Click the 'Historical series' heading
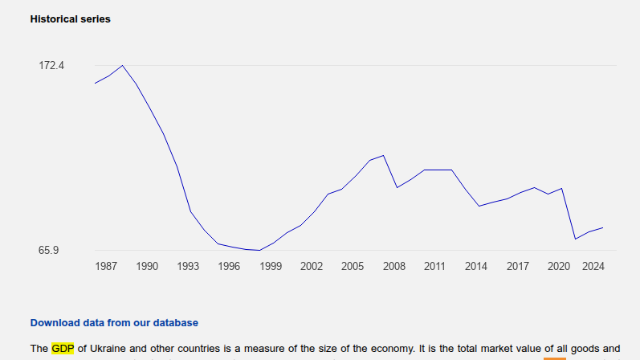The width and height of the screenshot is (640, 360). click(x=70, y=18)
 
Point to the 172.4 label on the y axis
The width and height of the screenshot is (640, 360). click(x=51, y=65)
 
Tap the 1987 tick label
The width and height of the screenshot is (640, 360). click(x=106, y=266)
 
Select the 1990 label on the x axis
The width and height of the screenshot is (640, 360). click(x=147, y=266)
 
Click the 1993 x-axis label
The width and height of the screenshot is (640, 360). click(x=188, y=266)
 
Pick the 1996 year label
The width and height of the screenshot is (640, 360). click(x=229, y=266)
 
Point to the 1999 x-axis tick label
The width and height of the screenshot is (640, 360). click(x=271, y=266)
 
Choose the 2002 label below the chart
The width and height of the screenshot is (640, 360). click(x=312, y=266)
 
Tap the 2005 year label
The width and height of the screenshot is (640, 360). click(x=353, y=266)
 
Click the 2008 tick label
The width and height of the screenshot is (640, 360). click(x=393, y=266)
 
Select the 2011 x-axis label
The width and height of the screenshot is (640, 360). click(x=434, y=266)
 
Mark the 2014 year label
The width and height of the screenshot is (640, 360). click(x=476, y=266)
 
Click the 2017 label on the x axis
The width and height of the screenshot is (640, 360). click(x=517, y=266)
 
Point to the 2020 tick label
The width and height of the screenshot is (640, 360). click(x=558, y=266)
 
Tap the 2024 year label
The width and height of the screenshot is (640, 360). click(x=593, y=266)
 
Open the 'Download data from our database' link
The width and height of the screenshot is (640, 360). click(x=113, y=322)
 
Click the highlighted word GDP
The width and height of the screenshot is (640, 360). click(x=63, y=349)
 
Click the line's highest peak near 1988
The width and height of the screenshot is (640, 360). click(x=122, y=66)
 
